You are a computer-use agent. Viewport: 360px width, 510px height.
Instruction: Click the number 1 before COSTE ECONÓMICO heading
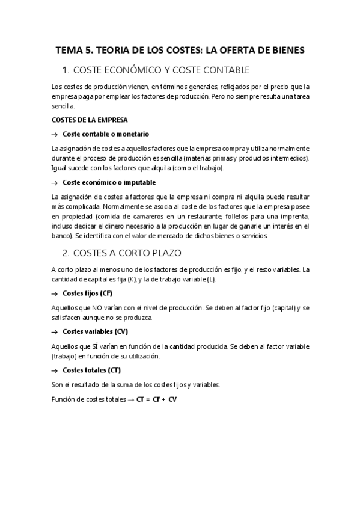click(x=66, y=70)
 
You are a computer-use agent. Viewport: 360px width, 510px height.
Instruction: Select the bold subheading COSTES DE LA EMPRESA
click(x=90, y=120)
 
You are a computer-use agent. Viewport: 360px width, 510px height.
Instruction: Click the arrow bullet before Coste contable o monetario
click(x=55, y=134)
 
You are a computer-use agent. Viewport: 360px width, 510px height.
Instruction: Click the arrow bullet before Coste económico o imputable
click(x=55, y=183)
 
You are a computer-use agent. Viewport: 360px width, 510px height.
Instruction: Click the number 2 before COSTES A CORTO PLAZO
click(x=66, y=253)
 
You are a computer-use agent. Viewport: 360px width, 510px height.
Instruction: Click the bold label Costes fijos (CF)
click(x=87, y=293)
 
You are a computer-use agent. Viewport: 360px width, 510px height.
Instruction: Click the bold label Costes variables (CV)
click(x=95, y=331)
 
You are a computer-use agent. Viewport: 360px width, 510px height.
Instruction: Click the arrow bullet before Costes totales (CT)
click(x=55, y=370)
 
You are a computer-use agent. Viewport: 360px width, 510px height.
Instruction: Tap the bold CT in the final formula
click(x=142, y=399)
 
